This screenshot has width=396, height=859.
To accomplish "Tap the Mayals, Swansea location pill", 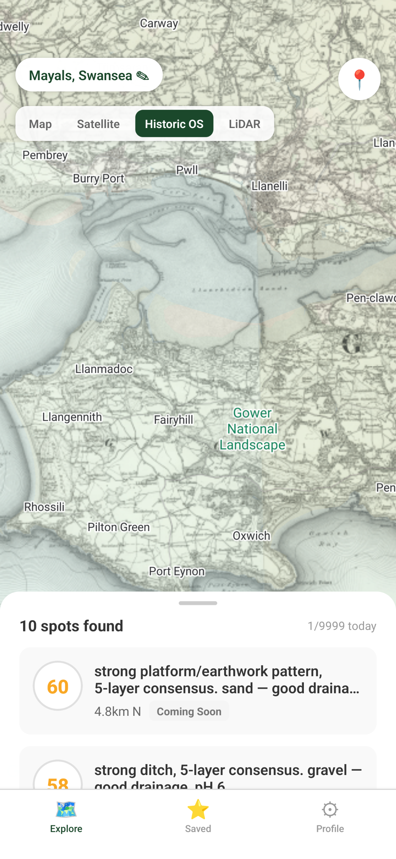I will coord(89,75).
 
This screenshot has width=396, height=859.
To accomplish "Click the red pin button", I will coord(359,79).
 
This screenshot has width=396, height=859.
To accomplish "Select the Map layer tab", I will coord(41,124).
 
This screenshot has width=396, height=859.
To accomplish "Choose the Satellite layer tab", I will coord(98,124).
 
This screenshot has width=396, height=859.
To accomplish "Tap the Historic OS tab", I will coord(174,124).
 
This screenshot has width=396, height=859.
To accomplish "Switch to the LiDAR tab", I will coord(244,124).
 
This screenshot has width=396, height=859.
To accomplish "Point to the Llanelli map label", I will coord(269,186).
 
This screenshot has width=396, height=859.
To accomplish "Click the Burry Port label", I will coord(99,178).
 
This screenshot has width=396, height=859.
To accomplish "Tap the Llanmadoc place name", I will coord(104,369).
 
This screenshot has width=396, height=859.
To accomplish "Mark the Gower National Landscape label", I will coord(253,429).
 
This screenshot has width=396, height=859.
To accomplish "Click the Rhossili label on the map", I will coord(44,507).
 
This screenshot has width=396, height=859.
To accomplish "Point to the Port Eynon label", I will coord(177,571).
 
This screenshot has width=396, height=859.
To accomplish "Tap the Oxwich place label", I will coord(251,535).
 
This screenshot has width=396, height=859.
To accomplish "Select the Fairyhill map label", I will coord(174,420).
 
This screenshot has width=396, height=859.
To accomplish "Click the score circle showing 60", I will coord(58,686).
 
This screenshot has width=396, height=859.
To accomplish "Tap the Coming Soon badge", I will coord(189,711).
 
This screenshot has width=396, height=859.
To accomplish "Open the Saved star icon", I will coord(198,809).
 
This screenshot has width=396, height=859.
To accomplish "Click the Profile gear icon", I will coord(330,809).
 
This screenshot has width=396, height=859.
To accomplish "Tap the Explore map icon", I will coord(66,809).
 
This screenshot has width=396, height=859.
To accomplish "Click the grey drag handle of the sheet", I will coord(198,603).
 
